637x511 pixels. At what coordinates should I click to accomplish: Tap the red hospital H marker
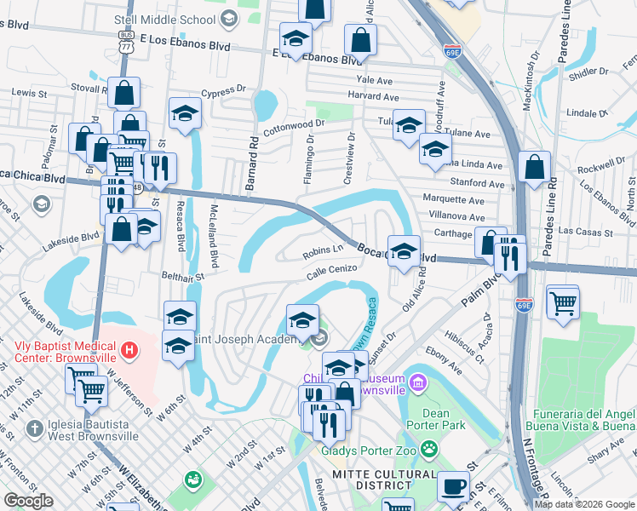pyautogui.click(x=129, y=349)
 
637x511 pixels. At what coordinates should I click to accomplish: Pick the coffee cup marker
pyautogui.click(x=453, y=486)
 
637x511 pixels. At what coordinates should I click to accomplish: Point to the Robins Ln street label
pyautogui.click(x=322, y=252)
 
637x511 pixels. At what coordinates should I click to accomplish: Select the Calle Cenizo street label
pyautogui.click(x=332, y=268)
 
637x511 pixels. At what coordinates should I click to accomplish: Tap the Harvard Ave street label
pyautogui.click(x=373, y=96)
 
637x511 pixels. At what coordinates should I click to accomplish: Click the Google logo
pyautogui.click(x=28, y=501)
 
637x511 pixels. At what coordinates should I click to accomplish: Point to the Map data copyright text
pyautogui.click(x=584, y=504)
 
